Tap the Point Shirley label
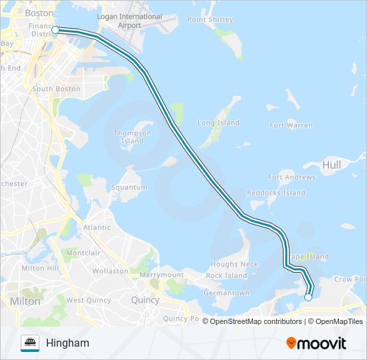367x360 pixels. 210,20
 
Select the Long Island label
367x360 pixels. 218,123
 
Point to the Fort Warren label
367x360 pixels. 290,125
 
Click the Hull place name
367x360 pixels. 331,165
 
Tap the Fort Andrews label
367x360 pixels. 292,177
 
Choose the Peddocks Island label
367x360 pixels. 276,193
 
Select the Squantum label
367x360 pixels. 129,187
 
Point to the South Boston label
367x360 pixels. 56,89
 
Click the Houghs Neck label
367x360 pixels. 234,265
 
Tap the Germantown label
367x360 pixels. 227,293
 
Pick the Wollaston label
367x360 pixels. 110,271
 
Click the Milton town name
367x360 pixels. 25,301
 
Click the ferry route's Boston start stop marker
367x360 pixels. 55,30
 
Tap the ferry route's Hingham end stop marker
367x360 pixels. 308,297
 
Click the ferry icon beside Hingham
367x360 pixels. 30,343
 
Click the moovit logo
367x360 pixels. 316,343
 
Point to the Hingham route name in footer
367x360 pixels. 67,343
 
